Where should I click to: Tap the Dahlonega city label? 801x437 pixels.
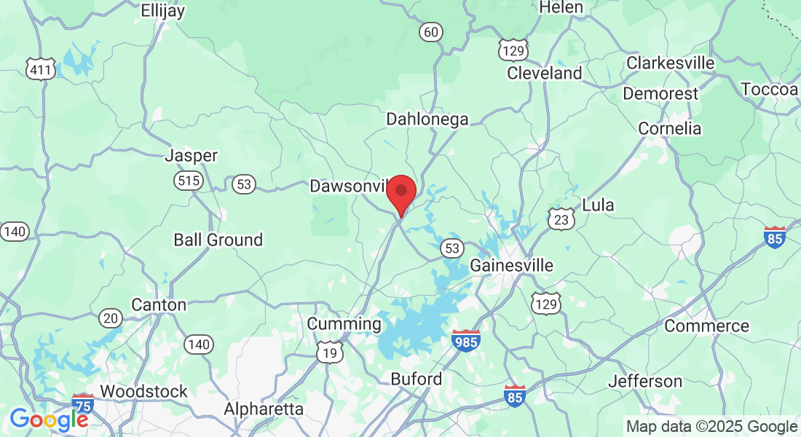pyautogui.click(x=427, y=119)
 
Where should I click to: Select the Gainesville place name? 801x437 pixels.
pyautogui.click(x=511, y=265)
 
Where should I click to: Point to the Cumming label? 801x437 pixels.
pyautogui.click(x=344, y=323)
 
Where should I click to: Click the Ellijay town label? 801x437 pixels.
pyautogui.click(x=163, y=10)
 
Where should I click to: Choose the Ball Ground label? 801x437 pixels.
pyautogui.click(x=218, y=240)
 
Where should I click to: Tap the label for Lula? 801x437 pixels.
pyautogui.click(x=598, y=205)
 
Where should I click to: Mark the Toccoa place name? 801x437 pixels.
pyautogui.click(x=770, y=89)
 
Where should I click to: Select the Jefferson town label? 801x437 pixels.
pyautogui.click(x=645, y=381)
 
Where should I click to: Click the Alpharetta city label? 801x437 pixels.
pyautogui.click(x=264, y=409)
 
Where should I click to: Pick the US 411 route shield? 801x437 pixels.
pyautogui.click(x=39, y=70)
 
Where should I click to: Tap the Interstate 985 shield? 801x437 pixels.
pyautogui.click(x=466, y=340)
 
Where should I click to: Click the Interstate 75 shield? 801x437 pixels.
pyautogui.click(x=83, y=404)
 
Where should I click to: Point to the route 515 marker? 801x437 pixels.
pyautogui.click(x=189, y=181)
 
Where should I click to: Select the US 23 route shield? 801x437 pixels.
pyautogui.click(x=562, y=219)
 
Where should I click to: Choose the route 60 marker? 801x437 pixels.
pyautogui.click(x=431, y=31)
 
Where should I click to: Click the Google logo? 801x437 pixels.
pyautogui.click(x=49, y=420)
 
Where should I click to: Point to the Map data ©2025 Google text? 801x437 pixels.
pyautogui.click(x=712, y=427)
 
